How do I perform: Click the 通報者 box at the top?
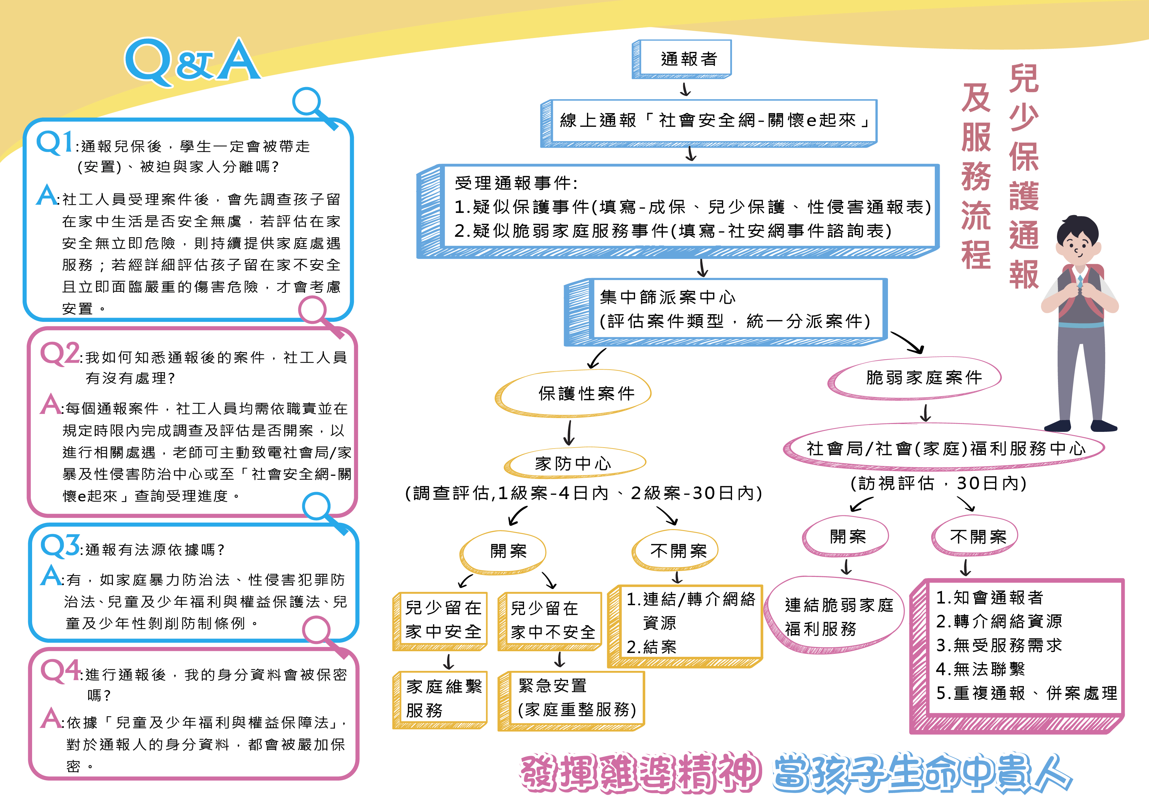tap(682, 59)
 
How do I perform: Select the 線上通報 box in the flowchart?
tap(709, 123)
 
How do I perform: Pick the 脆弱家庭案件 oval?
tap(914, 378)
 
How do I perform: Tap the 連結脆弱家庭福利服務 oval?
tap(836, 615)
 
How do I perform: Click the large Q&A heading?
tap(192, 61)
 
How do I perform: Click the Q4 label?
tap(61, 671)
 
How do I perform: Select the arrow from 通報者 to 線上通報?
tap(686, 89)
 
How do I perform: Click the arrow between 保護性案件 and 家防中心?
tap(569, 432)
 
